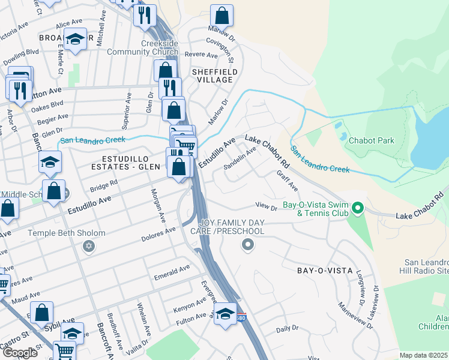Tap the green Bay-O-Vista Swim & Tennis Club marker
[x=358, y=209]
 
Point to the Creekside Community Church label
[x=142, y=47]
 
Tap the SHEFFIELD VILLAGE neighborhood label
[x=212, y=75]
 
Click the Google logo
[x=20, y=352]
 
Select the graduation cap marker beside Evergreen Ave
[x=225, y=313]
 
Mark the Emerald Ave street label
[x=172, y=268]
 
